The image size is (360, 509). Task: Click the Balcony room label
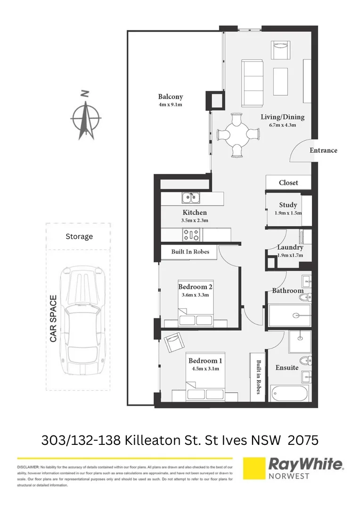pyautogui.click(x=170, y=97)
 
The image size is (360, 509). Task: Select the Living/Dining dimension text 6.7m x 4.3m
pyautogui.click(x=283, y=125)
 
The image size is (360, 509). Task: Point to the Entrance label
pyautogui.click(x=323, y=150)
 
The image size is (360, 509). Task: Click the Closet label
pyautogui.click(x=288, y=182)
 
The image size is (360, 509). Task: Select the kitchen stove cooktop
pyautogui.click(x=192, y=233)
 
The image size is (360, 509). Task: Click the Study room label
pyautogui.click(x=288, y=205)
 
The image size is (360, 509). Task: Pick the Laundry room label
pyautogui.click(x=290, y=247)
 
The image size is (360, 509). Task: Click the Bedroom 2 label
pyautogui.click(x=195, y=287)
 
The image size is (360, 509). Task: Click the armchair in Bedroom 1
pyautogui.click(x=172, y=341)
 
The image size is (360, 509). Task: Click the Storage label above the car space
pyautogui.click(x=79, y=237)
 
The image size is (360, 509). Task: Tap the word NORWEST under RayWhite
pyautogui.click(x=289, y=476)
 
